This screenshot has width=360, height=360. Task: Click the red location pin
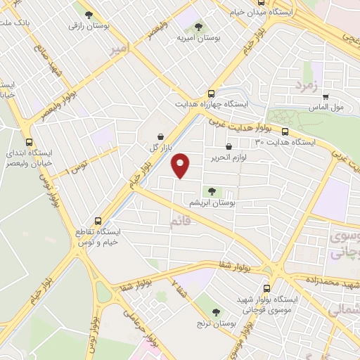[181, 165]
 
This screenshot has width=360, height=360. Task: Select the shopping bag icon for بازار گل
[161, 136]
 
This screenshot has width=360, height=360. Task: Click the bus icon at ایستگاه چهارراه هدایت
[211, 94]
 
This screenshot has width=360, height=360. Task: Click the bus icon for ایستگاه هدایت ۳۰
[285, 131]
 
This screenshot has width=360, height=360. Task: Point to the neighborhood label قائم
[180, 223]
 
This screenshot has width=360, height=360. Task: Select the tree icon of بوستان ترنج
[216, 312]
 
